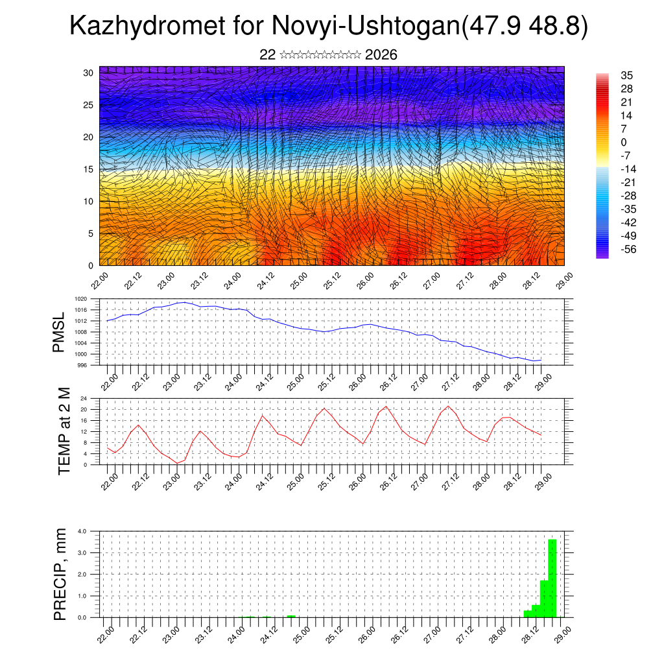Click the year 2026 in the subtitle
381,55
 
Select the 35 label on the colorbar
626,75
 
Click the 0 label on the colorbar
623,142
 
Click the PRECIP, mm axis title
60,573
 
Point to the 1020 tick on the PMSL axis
80,299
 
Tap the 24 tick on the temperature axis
84,398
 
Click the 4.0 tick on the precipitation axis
82,531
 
